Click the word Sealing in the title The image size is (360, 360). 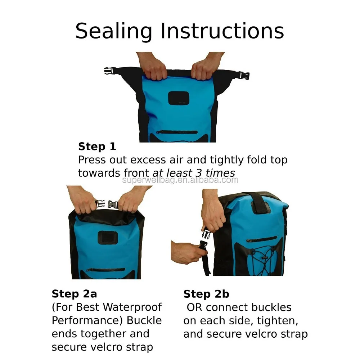(x=114, y=31)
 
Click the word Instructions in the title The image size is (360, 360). (x=222, y=31)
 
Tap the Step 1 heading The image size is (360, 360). (x=97, y=147)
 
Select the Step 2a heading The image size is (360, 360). (x=75, y=294)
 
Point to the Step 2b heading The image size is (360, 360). (x=206, y=294)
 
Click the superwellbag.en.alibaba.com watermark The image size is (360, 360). (x=180, y=180)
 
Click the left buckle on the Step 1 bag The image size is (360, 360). (x=109, y=71)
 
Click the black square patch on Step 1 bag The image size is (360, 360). (x=179, y=98)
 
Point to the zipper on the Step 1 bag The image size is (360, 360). (x=177, y=132)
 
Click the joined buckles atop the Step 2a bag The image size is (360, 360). (x=107, y=204)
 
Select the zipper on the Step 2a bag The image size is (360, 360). (x=106, y=270)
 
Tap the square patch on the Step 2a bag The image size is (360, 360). (x=108, y=238)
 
